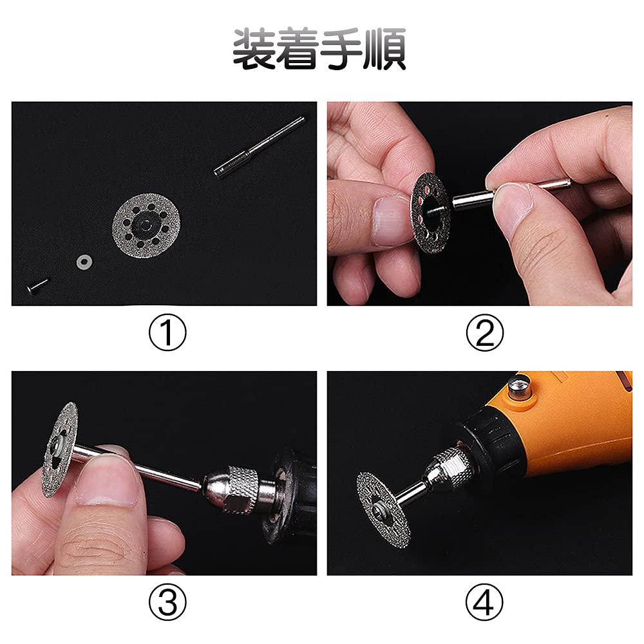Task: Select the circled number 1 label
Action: click(x=167, y=334)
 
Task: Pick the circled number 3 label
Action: click(x=167, y=603)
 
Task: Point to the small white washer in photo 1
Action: click(x=82, y=262)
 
